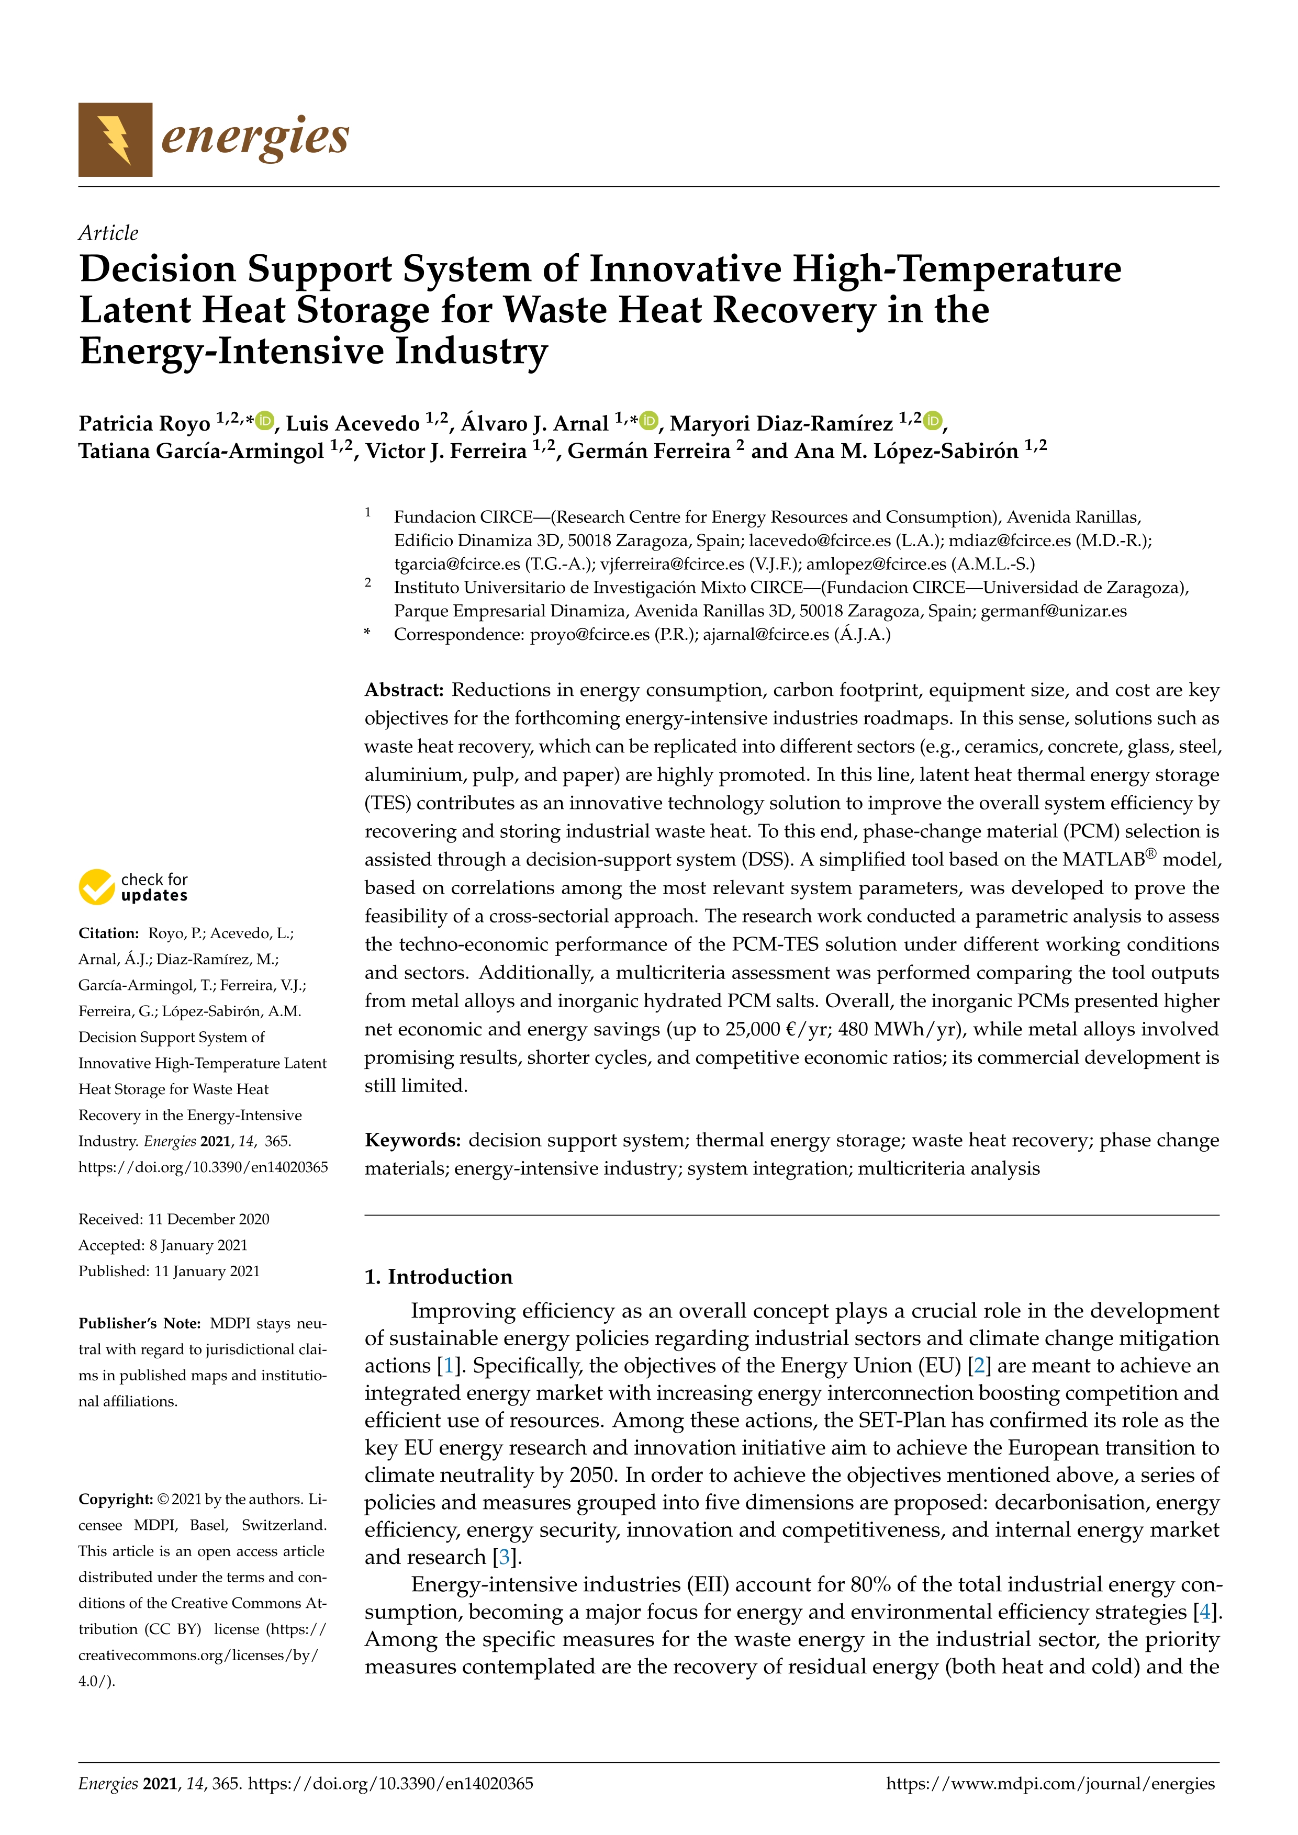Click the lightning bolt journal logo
[115, 140]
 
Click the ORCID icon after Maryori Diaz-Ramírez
[933, 420]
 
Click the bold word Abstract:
[404, 690]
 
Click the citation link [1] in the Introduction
[449, 1366]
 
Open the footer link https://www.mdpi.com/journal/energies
[1050, 1783]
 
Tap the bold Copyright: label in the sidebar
[116, 1499]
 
